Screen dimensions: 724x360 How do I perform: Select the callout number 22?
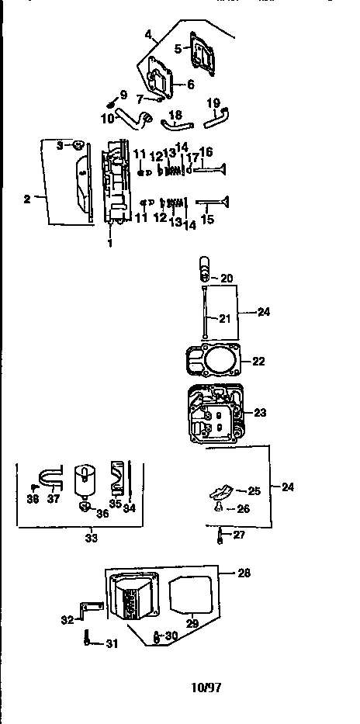[x=258, y=362]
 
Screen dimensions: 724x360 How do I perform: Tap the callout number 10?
[x=107, y=117]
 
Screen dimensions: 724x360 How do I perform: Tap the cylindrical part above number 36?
[x=84, y=481]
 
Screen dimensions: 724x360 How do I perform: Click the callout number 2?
[x=28, y=199]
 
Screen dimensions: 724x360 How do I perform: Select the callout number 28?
[x=244, y=572]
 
